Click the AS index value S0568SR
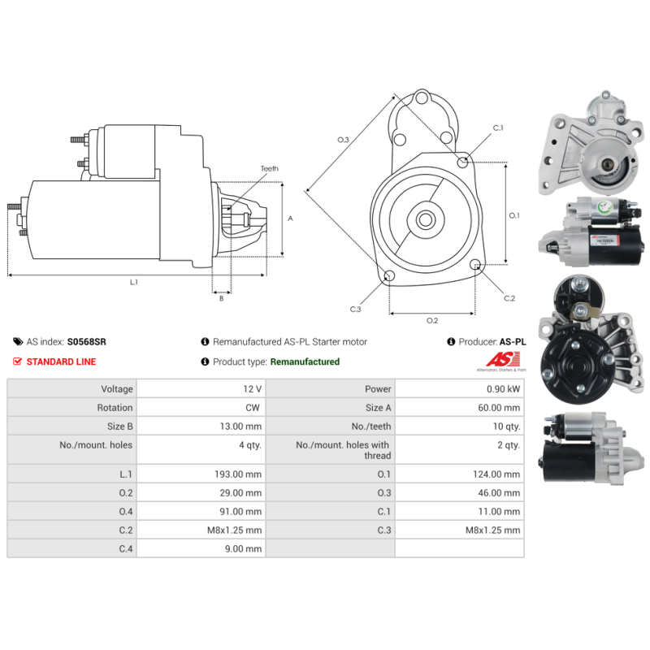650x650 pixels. [87, 342]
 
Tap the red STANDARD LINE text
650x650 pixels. [61, 362]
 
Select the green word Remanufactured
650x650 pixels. [305, 362]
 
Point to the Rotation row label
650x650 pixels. [115, 408]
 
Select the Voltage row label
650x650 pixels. [117, 389]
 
